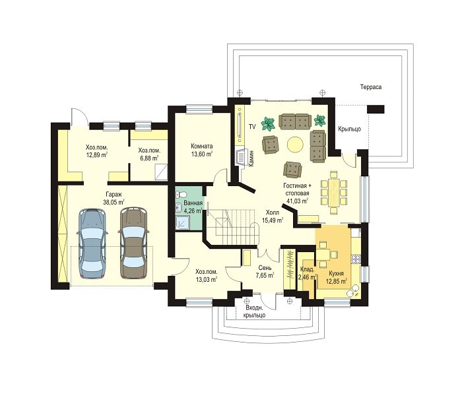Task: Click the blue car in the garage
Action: click(92, 244)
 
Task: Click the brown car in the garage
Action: click(133, 242)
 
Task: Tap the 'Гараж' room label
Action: click(114, 195)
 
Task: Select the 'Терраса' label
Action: click(371, 87)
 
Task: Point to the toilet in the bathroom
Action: click(181, 195)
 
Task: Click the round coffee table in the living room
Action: click(295, 145)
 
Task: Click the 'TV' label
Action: click(252, 127)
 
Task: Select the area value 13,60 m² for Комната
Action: click(201, 154)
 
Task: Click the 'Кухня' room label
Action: click(336, 273)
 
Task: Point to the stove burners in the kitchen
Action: click(356, 259)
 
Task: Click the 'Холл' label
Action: click(273, 213)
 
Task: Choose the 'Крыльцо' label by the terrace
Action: click(349, 129)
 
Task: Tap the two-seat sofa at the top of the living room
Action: click(295, 121)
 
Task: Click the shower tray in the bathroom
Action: click(182, 223)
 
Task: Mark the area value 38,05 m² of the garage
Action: click(114, 202)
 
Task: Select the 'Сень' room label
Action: click(265, 268)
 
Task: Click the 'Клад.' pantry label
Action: click(308, 269)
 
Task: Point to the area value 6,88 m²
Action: click(149, 158)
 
